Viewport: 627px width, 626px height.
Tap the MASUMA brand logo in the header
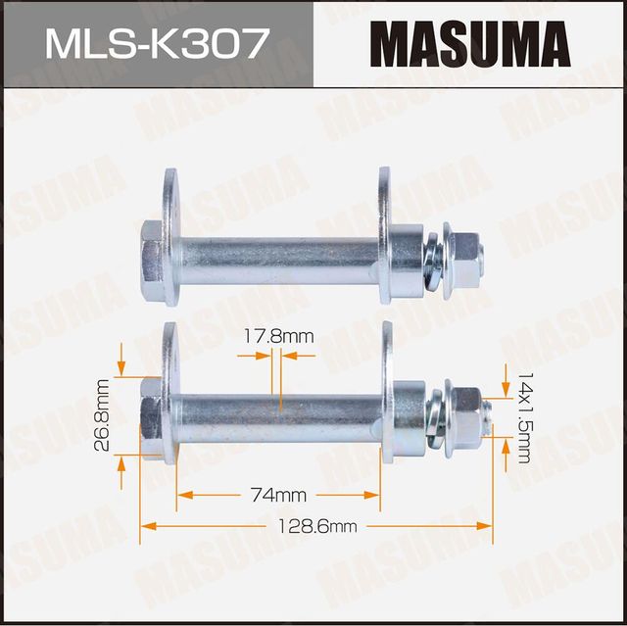[x=470, y=45]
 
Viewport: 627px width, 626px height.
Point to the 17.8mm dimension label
[x=278, y=336]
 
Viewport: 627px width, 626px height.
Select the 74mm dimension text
[x=277, y=493]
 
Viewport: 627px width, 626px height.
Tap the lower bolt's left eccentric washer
[x=171, y=397]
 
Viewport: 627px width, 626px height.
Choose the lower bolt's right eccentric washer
[x=387, y=397]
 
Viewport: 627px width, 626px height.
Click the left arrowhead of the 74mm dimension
[x=182, y=493]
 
